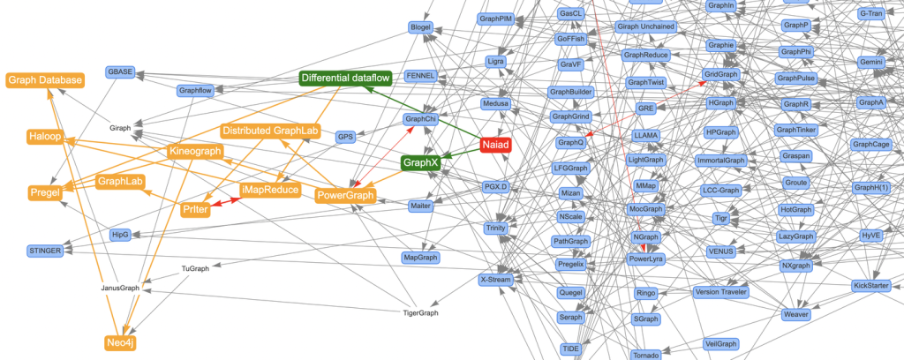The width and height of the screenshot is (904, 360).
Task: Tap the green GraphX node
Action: coord(421,162)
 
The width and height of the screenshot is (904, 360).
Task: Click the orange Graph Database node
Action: coord(45,80)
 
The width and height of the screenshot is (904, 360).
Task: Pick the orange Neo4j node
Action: coord(121,341)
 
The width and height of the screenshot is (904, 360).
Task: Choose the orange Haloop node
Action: coord(44,137)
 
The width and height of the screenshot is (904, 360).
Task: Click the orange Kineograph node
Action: coord(194,152)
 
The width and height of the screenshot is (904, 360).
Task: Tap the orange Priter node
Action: coord(195,209)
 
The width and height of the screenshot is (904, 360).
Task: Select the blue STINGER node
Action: coord(45,251)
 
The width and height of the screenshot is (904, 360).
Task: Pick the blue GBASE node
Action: coord(121,71)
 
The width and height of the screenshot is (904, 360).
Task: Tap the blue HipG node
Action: coord(121,235)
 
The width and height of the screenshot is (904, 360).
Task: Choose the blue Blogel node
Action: coord(421,28)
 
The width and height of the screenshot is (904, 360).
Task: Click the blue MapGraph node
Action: coord(421,258)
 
